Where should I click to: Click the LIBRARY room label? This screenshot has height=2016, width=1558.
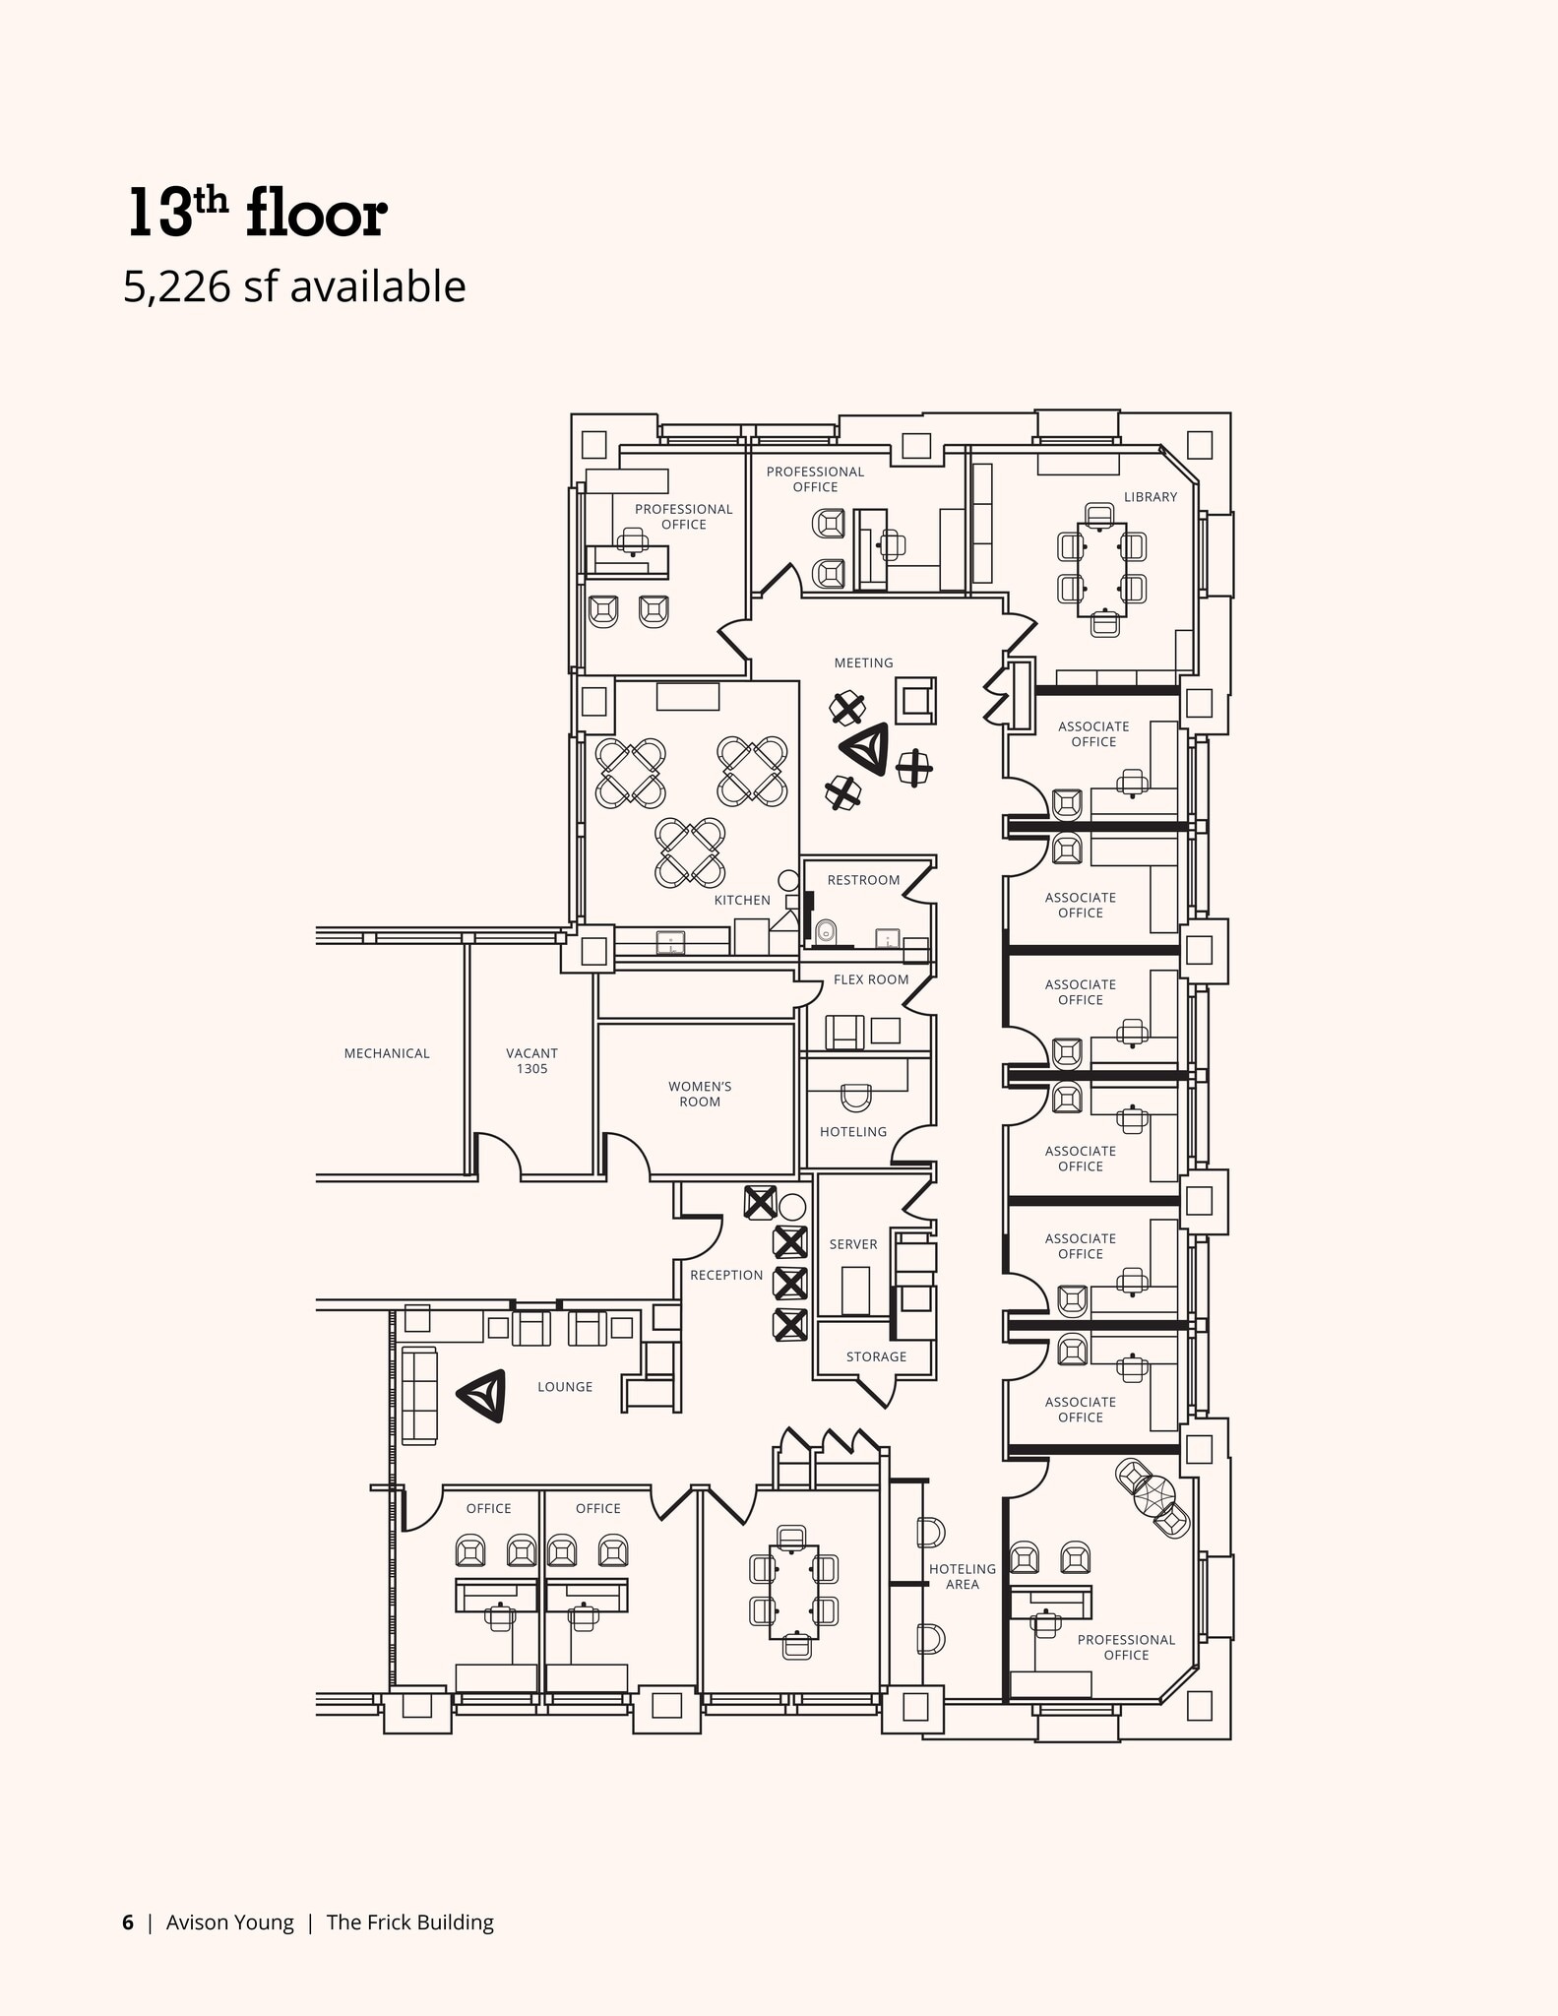[x=1150, y=497]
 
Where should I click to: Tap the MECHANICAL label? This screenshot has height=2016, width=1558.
[x=387, y=1053]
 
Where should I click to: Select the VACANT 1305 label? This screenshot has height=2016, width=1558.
[x=531, y=1060]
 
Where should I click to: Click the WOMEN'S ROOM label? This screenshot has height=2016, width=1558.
[x=700, y=1094]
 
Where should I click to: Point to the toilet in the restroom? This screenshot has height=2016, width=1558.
[x=825, y=929]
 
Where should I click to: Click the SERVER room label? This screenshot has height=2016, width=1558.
[x=853, y=1244]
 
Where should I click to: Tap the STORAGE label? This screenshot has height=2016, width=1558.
[x=876, y=1356]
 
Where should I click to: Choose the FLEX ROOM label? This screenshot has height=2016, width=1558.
[x=870, y=979]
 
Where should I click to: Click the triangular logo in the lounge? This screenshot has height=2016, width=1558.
[x=482, y=1396]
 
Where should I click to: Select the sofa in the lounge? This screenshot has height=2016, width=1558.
[x=419, y=1396]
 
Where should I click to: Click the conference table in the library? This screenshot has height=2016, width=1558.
[x=1103, y=568]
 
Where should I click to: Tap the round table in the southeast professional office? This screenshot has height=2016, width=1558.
[x=1153, y=1499]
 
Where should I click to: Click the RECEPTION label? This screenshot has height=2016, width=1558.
[x=726, y=1275]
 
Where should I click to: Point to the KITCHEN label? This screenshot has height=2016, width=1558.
[x=742, y=900]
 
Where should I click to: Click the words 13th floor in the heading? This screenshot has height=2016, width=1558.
[x=257, y=214]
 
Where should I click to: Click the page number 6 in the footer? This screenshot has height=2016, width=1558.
[x=128, y=1922]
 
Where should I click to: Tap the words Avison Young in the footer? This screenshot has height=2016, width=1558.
[x=229, y=1922]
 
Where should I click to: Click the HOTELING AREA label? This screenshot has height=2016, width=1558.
[x=962, y=1576]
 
